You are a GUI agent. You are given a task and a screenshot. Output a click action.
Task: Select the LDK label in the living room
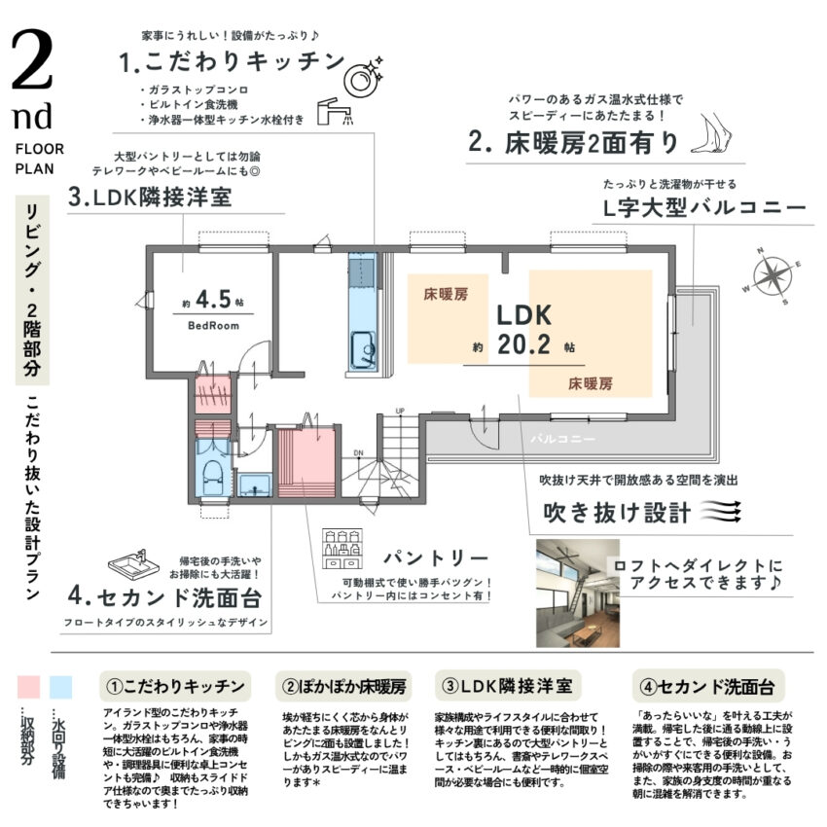point(524,315)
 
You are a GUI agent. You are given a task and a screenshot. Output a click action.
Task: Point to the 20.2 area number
point(524,344)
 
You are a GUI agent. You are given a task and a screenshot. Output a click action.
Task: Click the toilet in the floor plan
point(211,471)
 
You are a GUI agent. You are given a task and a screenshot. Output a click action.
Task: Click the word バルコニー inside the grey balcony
point(562,439)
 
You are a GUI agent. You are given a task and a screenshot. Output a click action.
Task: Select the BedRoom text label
point(213,326)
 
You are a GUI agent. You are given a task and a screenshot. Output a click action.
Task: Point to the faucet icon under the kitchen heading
point(338,113)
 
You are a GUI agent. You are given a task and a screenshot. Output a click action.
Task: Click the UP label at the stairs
point(399,411)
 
